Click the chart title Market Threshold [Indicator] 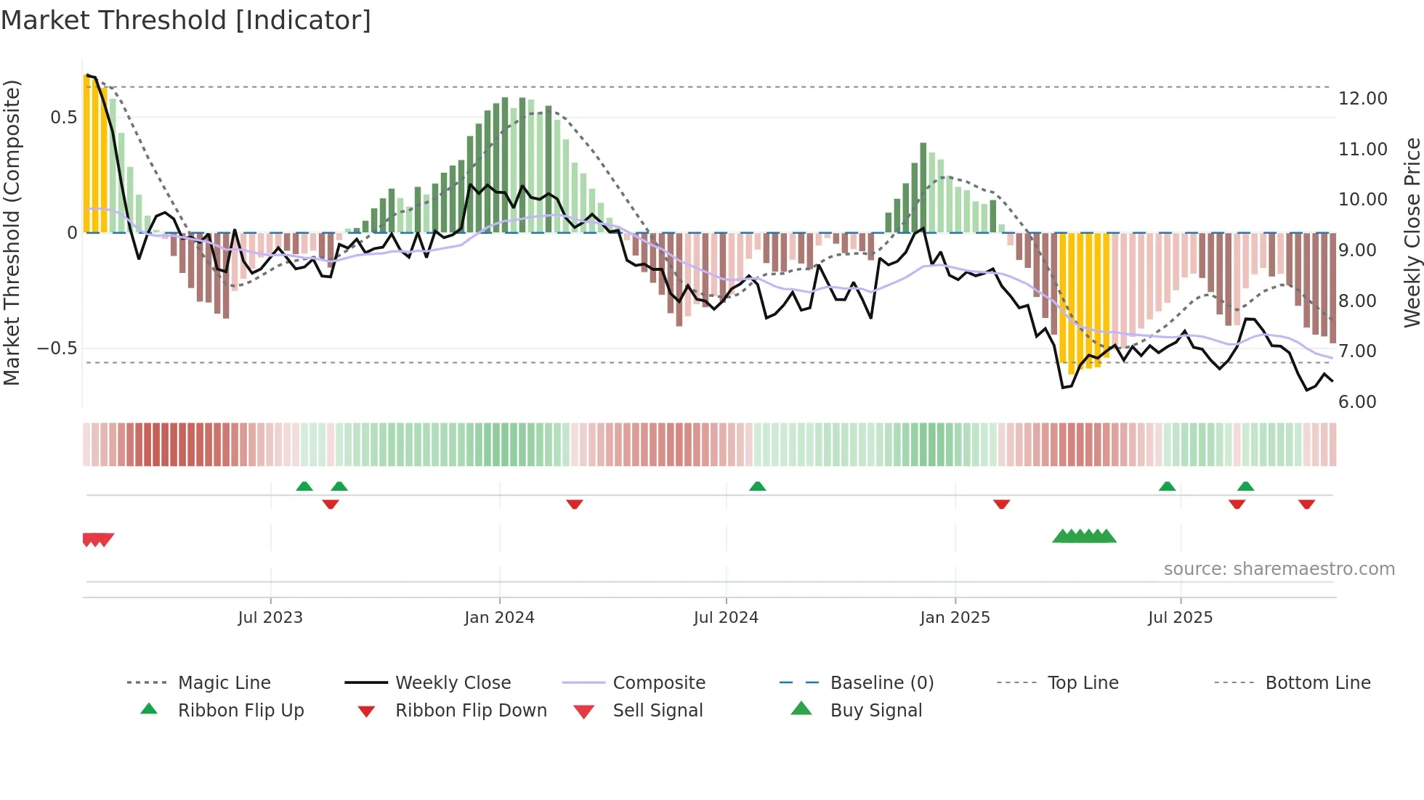186,20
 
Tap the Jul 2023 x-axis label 270,618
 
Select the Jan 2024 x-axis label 499,618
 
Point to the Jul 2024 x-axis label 726,618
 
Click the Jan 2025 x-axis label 955,618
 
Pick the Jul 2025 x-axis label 1181,618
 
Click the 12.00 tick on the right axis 1362,99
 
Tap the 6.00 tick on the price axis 1357,402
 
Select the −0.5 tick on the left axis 57,348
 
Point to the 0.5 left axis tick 63,118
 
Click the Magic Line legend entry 224,683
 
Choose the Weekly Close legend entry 453,683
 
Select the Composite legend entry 658,683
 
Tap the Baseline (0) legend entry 881,683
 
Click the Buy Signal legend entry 875,711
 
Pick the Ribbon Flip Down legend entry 470,711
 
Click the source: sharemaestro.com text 1279,569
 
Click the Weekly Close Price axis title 1412,232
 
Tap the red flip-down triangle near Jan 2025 1001,504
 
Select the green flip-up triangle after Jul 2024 757,486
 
